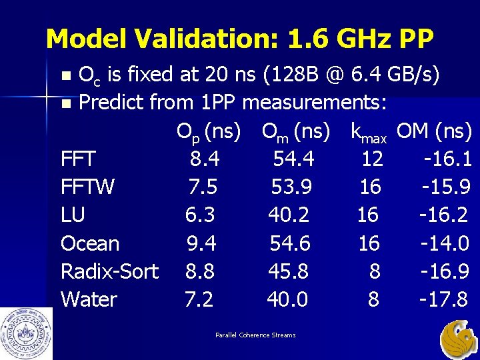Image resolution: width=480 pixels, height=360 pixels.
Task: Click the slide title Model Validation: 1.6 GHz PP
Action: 239,39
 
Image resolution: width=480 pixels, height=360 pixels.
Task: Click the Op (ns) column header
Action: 208,132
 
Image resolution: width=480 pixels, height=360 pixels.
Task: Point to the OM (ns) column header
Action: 434,132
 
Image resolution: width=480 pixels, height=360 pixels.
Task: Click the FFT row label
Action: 78,159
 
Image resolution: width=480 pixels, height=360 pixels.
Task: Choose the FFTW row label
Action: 87,187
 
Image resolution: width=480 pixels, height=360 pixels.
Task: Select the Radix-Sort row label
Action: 109,271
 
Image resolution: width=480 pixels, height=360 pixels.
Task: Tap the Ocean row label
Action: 90,243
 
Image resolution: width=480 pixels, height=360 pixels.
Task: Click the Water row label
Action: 89,299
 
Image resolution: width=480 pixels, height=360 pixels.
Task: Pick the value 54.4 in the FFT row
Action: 293,159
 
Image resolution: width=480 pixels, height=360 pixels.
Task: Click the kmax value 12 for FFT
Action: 371,159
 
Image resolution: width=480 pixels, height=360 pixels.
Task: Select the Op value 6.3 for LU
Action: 200,215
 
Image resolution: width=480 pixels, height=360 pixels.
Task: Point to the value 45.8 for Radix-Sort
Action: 288,271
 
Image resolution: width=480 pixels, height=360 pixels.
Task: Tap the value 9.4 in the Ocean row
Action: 201,243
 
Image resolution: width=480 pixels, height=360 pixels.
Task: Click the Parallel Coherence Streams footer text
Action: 255,335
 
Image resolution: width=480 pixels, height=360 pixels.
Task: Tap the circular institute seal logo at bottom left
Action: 26,333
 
